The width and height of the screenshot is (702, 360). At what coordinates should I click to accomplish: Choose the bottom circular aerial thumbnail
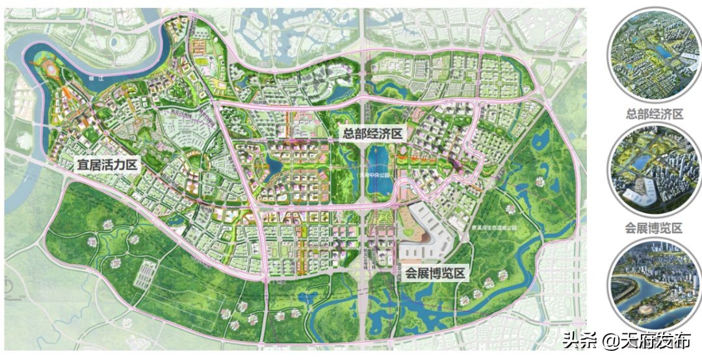pyautogui.click(x=655, y=285)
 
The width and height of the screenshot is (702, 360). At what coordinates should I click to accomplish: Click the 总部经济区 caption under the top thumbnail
pyautogui.click(x=655, y=114)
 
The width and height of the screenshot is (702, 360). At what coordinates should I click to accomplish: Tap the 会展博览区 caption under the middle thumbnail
pyautogui.click(x=655, y=228)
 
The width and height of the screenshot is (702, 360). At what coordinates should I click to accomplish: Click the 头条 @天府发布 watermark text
pyautogui.click(x=627, y=340)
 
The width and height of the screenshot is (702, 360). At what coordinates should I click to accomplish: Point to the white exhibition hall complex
pyautogui.click(x=426, y=237)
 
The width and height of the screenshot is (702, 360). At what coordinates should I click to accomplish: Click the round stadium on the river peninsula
pyautogui.click(x=49, y=68)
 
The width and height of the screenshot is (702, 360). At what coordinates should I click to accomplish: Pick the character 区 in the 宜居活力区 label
pyautogui.click(x=132, y=164)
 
